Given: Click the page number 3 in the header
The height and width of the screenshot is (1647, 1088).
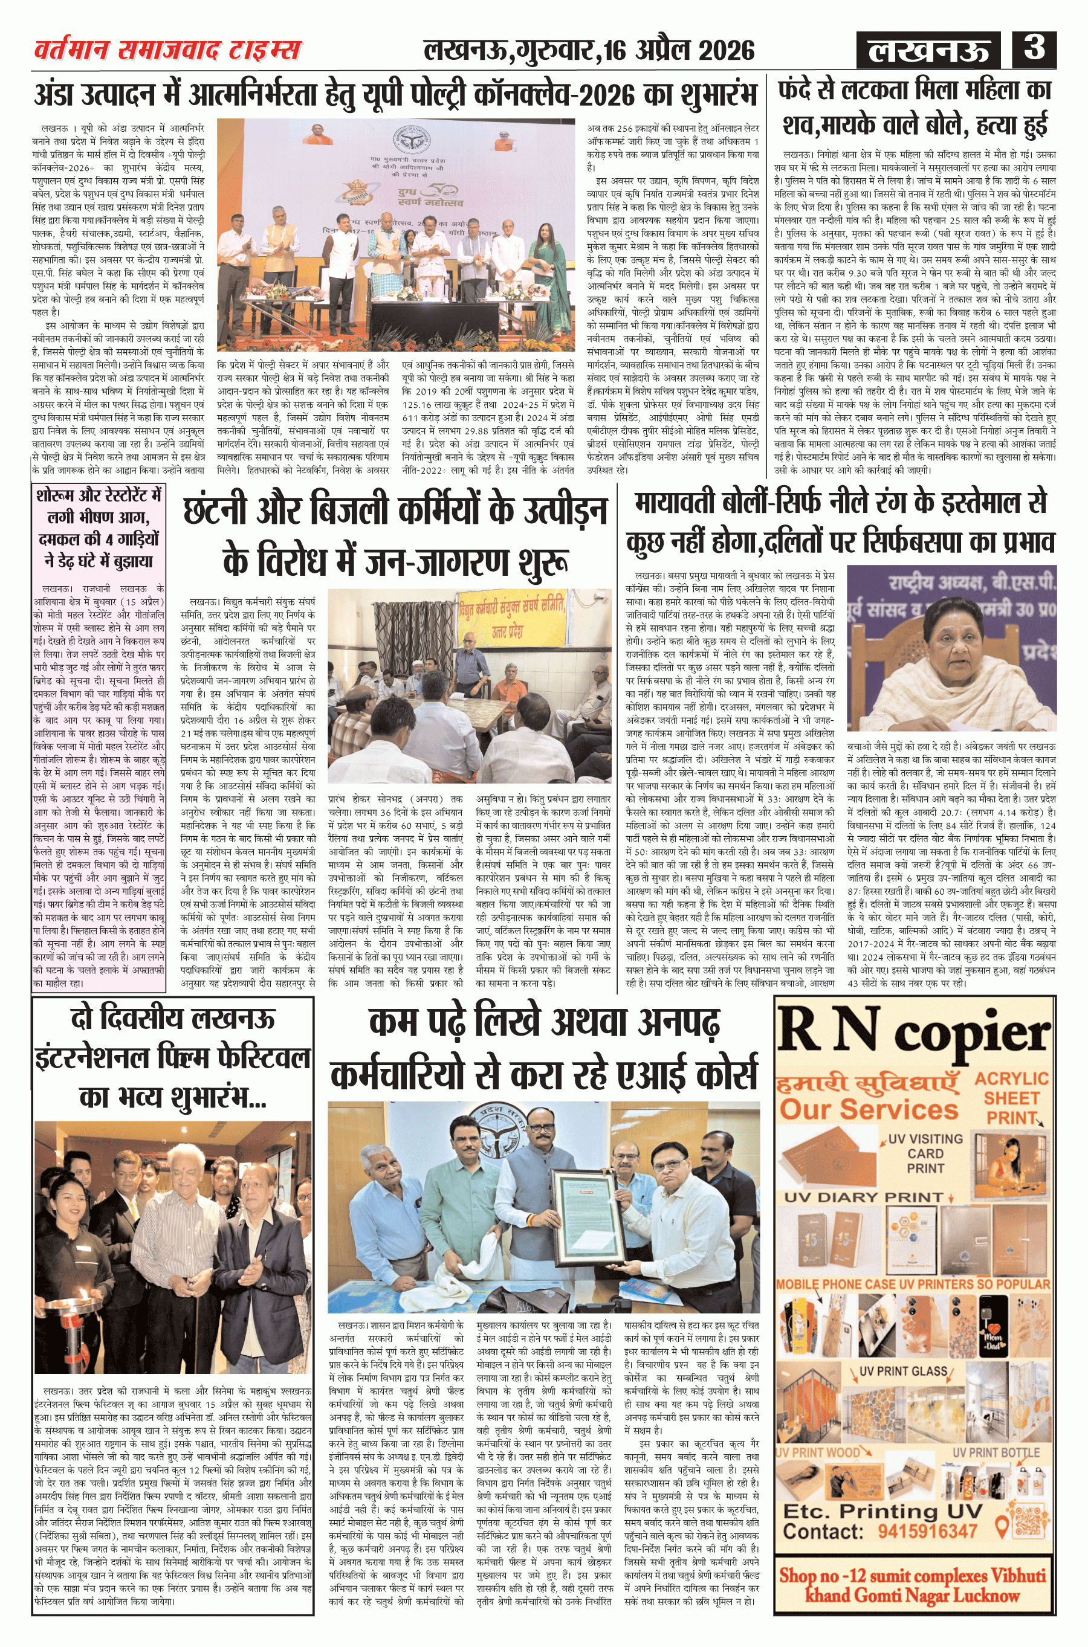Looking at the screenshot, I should [1034, 48].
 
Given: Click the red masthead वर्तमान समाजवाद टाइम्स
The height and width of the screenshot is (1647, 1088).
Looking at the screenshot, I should [167, 50].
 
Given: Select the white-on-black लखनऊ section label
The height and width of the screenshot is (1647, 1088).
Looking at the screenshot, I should [928, 51].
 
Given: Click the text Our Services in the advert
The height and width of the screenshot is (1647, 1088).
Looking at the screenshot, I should [869, 1109].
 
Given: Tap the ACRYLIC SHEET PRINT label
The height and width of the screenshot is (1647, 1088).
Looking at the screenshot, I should [1011, 1098].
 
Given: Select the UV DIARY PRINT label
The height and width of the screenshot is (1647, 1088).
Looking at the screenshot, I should [864, 1197].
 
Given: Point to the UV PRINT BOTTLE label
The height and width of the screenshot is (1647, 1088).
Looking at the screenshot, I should [996, 1452].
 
